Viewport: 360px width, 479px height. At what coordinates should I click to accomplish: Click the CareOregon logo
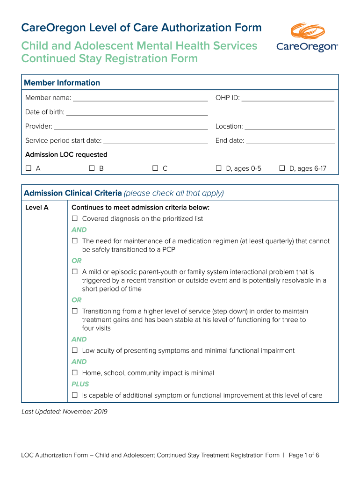307,38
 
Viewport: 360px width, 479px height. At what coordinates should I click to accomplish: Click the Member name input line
140,98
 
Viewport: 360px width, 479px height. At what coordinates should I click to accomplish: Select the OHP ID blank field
288,98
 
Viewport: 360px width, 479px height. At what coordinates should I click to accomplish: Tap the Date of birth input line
137,112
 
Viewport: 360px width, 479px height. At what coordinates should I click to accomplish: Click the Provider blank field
131,127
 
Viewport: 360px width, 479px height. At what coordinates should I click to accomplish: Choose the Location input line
289,127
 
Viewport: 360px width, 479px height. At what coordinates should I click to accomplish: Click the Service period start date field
155,141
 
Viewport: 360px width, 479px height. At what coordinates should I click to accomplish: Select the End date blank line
290,141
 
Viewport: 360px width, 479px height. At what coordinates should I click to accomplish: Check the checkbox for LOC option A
29,168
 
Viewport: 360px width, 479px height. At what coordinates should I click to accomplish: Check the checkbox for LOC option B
92,168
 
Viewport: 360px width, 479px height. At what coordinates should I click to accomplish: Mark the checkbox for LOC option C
155,168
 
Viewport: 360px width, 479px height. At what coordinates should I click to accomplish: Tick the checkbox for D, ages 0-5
218,168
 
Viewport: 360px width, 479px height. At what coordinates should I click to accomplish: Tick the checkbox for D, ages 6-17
282,168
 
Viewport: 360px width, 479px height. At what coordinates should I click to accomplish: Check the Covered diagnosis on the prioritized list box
75,218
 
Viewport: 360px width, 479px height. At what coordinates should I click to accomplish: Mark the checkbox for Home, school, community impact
75,373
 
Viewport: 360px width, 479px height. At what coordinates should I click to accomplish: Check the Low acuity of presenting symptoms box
75,350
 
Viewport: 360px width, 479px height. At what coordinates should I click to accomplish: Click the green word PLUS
80,384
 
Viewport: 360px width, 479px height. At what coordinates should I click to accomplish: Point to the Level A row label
37,207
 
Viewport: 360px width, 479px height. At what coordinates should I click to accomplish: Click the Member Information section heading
62,83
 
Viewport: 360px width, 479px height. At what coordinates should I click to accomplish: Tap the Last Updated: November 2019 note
65,412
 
